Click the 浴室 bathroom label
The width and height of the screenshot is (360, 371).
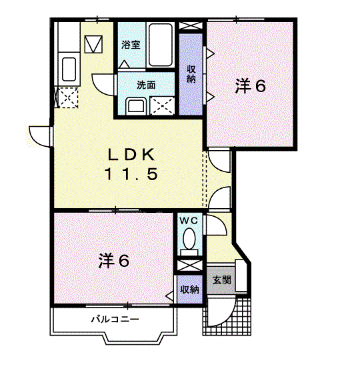[x=131, y=45]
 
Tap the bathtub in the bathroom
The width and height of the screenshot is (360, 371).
[x=161, y=45]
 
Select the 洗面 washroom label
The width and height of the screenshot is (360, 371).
[x=146, y=85]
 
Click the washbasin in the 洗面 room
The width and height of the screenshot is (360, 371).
[x=136, y=106]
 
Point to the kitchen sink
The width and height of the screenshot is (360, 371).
[x=69, y=69]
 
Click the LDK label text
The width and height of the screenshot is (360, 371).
[x=131, y=154]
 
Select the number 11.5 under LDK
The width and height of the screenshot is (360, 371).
[x=131, y=173]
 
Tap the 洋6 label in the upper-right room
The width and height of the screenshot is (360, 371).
[x=250, y=86]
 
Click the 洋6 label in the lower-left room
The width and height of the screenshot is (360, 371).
[x=114, y=260]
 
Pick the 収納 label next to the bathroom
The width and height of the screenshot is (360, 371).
[x=191, y=74]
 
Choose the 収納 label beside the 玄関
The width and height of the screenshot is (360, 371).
[x=189, y=290]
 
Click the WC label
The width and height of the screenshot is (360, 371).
[x=189, y=221]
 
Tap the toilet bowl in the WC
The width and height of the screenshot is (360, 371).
[x=189, y=238]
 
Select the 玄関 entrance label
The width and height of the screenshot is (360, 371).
[x=221, y=280]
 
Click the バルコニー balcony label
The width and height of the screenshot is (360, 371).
[x=115, y=320]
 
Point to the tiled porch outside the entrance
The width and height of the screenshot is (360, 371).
[x=227, y=316]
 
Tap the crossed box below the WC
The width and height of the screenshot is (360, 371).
[x=190, y=265]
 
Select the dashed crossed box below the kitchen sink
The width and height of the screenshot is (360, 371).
[x=68, y=97]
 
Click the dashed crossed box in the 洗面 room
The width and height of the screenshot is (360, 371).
[x=163, y=106]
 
